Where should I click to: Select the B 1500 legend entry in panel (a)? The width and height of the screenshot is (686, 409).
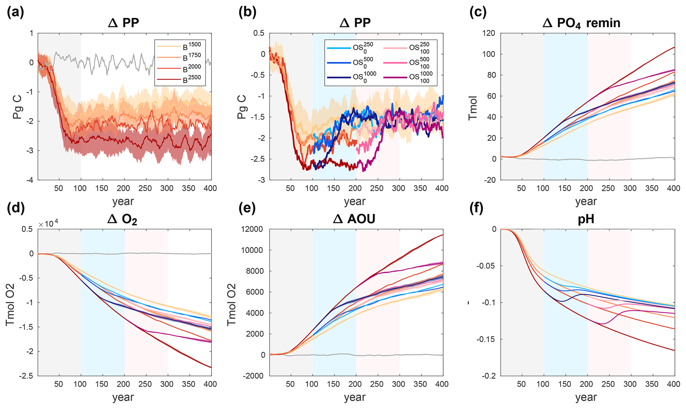179,46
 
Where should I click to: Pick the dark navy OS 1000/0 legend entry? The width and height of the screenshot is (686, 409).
352,77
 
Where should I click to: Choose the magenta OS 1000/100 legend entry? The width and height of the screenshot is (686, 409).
408,77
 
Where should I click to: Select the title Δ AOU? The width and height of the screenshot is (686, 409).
354,219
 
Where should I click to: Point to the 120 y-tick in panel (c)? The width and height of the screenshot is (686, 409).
488,33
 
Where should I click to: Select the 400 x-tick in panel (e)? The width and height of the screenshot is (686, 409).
442,384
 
